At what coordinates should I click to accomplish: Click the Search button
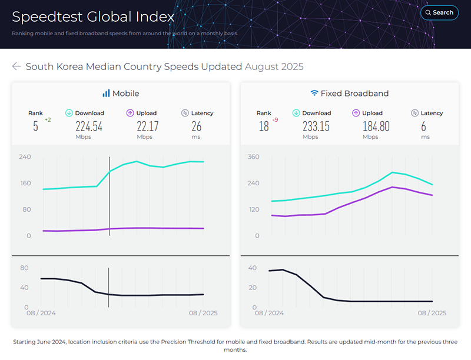[439, 12]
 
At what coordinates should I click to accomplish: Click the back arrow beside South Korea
[16, 66]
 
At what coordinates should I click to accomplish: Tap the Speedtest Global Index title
[93, 16]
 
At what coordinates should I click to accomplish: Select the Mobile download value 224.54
[89, 126]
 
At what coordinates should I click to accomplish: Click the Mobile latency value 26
[197, 126]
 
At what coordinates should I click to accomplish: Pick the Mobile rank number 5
[35, 126]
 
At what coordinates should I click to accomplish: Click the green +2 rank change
[48, 120]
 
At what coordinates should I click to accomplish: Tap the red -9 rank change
[276, 120]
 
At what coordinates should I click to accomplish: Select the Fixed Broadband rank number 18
[263, 126]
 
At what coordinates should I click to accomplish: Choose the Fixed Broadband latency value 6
[423, 126]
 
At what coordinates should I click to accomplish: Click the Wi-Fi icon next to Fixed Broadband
[314, 94]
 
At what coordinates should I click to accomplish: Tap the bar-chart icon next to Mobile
[106, 94]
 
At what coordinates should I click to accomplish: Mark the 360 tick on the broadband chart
[253, 157]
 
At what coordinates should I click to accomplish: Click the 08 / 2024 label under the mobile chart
[41, 313]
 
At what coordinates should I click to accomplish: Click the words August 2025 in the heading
[274, 66]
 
